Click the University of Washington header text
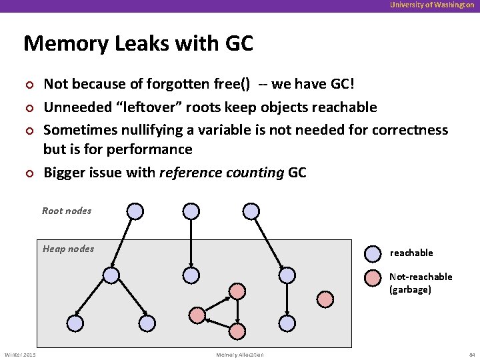[x=433, y=5]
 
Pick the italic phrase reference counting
[x=221, y=173]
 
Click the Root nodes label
[x=67, y=211]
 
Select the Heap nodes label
[x=68, y=249]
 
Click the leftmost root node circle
[x=135, y=211]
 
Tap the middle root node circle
[x=191, y=211]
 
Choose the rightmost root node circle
[x=251, y=211]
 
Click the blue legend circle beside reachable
[x=373, y=253]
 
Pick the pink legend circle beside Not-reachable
[x=373, y=277]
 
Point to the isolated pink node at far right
[x=325, y=299]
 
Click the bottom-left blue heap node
[x=75, y=323]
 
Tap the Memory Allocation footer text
[x=240, y=355]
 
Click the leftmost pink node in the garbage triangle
[x=197, y=314]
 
